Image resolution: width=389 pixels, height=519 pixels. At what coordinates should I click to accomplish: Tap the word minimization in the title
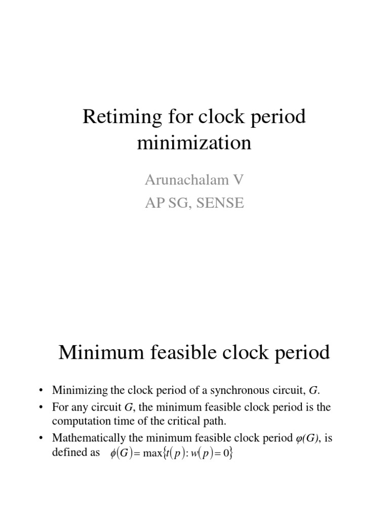194,143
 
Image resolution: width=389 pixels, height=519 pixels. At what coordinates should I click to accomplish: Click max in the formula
151,455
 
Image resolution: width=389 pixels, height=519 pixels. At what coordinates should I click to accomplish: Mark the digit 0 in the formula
226,455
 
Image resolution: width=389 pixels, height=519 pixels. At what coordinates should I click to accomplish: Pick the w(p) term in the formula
200,455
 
